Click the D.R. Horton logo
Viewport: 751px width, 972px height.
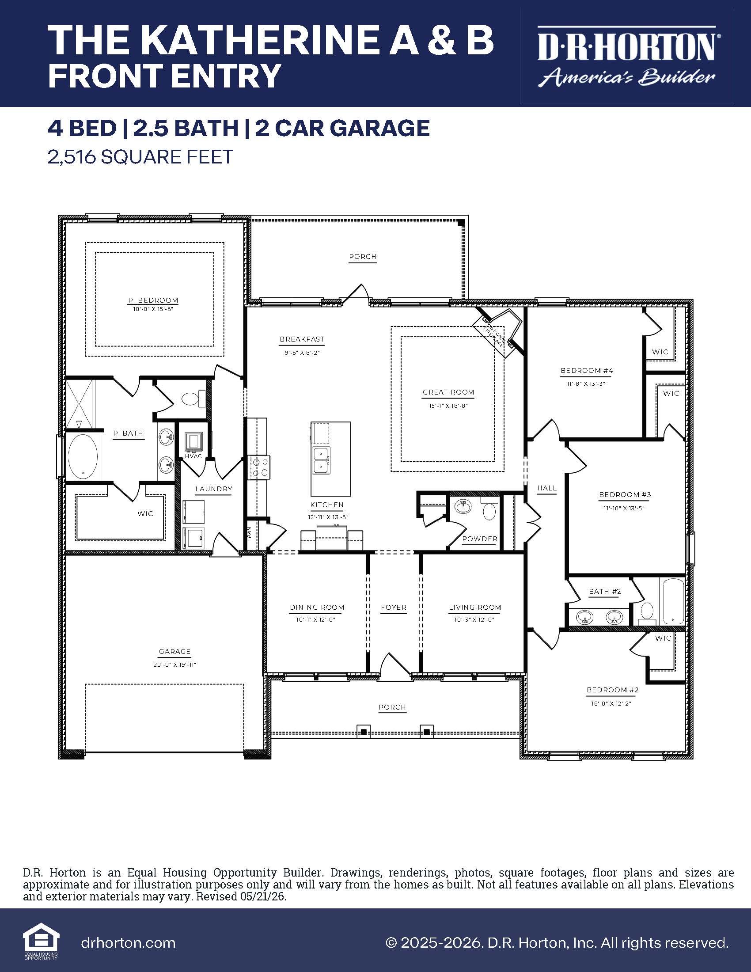coord(626,57)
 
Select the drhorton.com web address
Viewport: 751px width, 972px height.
coord(128,942)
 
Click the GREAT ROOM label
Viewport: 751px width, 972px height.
coord(448,392)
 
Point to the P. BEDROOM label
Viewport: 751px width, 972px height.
coord(153,300)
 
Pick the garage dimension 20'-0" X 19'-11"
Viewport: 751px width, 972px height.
coord(174,664)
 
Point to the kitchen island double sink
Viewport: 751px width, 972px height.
coord(321,460)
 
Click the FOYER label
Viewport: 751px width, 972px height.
coord(393,607)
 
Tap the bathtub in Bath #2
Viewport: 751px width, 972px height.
coord(673,602)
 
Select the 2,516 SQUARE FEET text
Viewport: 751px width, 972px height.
coord(140,157)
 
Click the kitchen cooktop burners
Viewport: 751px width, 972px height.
coord(259,467)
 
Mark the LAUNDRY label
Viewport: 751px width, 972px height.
coord(213,489)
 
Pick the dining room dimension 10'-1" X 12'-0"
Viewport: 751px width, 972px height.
coord(316,619)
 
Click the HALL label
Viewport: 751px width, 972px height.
coord(547,488)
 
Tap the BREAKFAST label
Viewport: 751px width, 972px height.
coord(302,339)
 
